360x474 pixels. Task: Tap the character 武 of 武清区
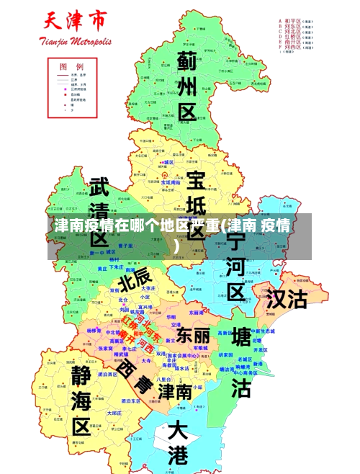tap(99, 189)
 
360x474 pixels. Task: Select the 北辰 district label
tap(135, 277)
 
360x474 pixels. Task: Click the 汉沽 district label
tap(287, 298)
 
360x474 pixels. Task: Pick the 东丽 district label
tap(193, 335)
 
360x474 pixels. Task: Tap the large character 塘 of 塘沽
tap(241, 336)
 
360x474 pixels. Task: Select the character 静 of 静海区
tap(81, 372)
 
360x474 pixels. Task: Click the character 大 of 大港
tap(178, 431)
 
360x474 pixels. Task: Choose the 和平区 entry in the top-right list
tap(294, 22)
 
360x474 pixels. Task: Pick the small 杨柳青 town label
tap(94, 330)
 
